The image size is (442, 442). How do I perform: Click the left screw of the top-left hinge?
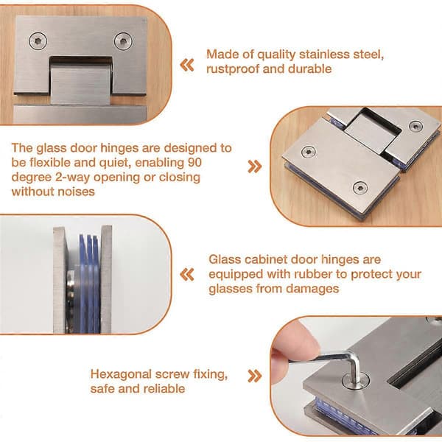(38, 41)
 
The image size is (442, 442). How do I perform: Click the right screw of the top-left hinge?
(123, 41)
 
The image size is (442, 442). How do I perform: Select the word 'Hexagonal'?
(122, 374)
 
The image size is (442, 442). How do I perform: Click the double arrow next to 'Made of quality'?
(187, 65)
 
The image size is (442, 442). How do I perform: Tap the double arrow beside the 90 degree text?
(255, 166)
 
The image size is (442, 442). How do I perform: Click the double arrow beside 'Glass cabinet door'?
(187, 275)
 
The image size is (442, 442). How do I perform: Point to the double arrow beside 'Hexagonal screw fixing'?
(255, 376)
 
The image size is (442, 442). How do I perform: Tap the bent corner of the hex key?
(353, 357)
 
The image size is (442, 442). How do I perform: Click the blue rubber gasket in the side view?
(89, 284)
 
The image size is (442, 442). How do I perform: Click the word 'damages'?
(312, 289)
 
